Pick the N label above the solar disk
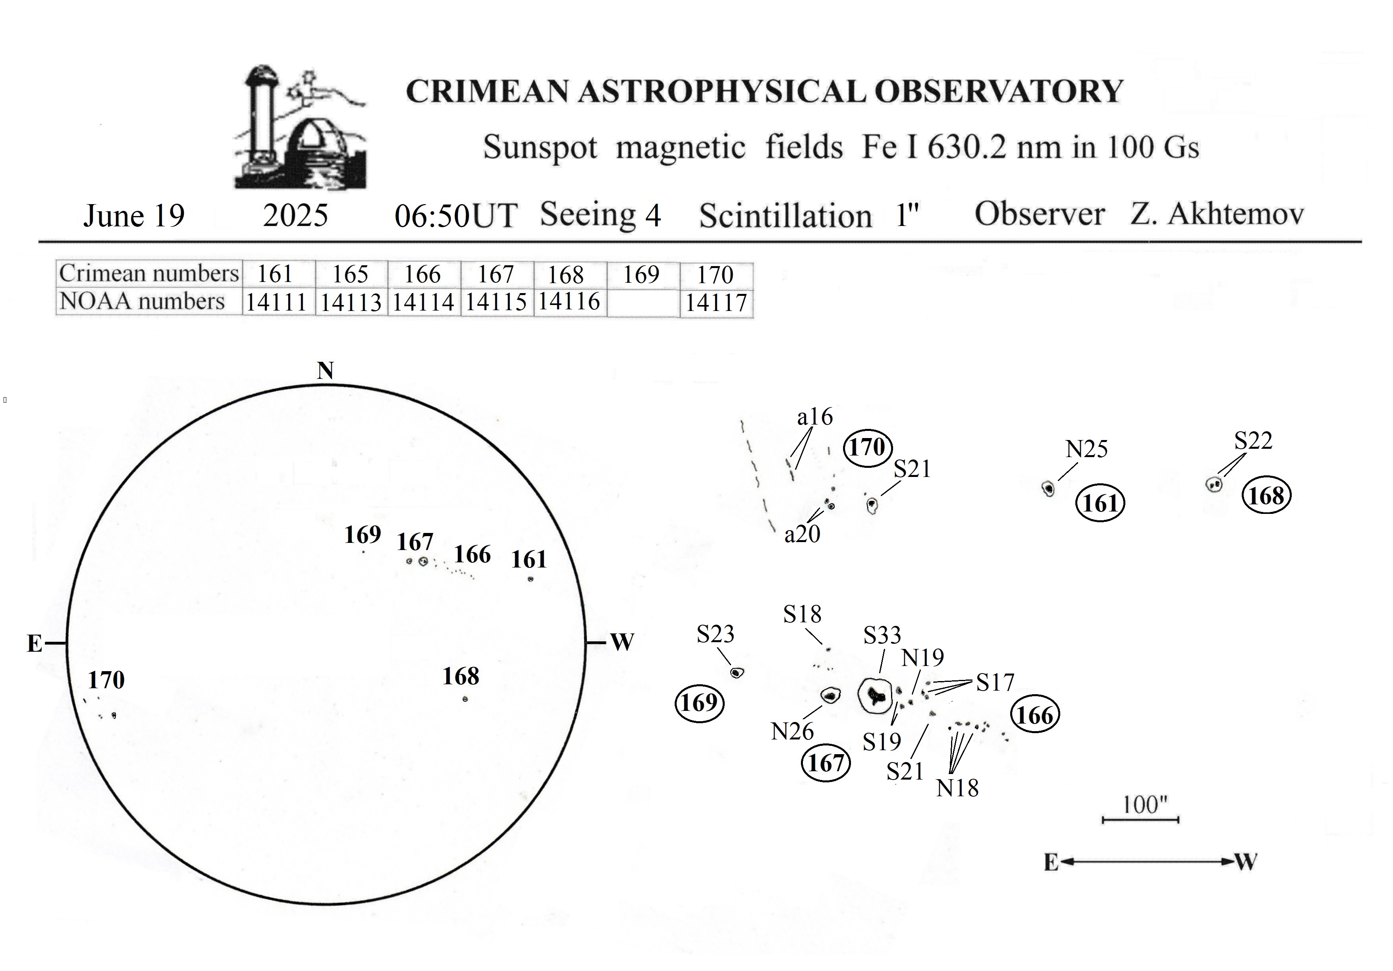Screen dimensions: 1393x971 (x=326, y=370)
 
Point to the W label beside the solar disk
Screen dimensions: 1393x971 (x=622, y=642)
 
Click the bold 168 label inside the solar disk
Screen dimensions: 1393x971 (x=461, y=676)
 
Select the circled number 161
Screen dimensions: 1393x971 (x=1100, y=503)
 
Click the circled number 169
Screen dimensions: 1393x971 (x=700, y=703)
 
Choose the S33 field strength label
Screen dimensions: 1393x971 (x=882, y=635)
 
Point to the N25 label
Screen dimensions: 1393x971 (x=1086, y=449)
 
